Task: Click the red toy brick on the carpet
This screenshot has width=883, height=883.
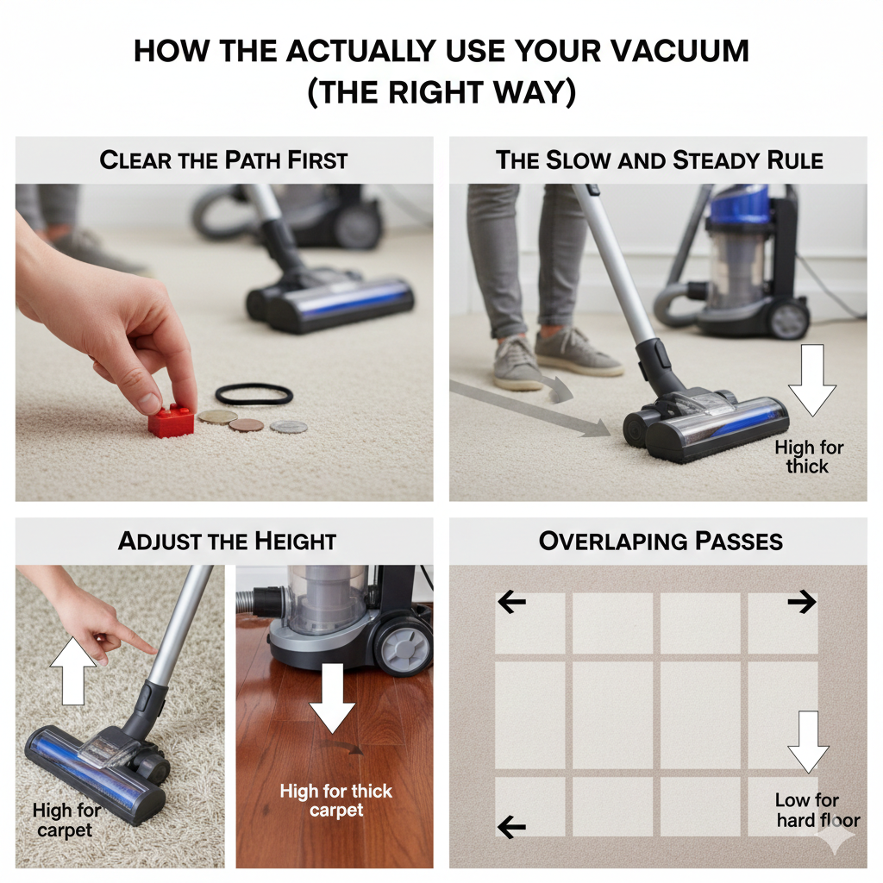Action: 172,421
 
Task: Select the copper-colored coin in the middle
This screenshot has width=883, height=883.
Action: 246,424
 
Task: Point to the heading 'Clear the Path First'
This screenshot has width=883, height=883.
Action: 223,160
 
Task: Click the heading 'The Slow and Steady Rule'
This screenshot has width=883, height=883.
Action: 659,160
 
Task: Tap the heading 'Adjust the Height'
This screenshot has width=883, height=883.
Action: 227,541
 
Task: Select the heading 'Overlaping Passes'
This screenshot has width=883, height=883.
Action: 661,541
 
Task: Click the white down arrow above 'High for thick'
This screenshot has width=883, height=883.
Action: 811,379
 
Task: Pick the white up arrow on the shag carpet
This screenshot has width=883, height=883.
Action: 73,670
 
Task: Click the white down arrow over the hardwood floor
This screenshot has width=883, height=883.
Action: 332,697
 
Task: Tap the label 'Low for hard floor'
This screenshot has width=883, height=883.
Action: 817,810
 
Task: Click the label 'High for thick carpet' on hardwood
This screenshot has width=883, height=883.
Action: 336,800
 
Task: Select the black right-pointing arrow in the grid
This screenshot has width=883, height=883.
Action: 801,602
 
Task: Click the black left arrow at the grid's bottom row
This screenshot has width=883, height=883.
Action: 511,827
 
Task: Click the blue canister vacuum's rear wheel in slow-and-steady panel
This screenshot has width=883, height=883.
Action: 789,320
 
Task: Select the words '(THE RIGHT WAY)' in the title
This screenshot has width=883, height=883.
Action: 441,92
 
